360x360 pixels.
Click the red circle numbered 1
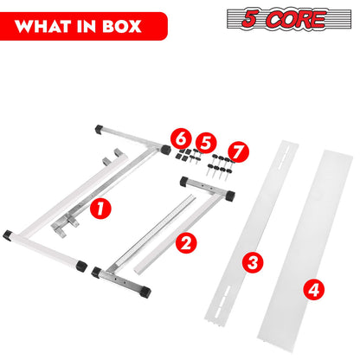pyautogui.click(x=100, y=209)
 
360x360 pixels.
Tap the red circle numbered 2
pyautogui.click(x=186, y=243)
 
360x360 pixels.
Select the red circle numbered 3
pyautogui.click(x=253, y=262)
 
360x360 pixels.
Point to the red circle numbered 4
pyautogui.click(x=314, y=289)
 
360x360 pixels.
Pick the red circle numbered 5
pyautogui.click(x=206, y=143)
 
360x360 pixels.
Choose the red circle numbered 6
pyautogui.click(x=181, y=138)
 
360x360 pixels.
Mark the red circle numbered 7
pyautogui.click(x=238, y=151)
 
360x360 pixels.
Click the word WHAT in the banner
pyautogui.click(x=43, y=27)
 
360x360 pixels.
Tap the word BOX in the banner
pyautogui.click(x=122, y=27)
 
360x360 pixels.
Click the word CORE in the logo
pyautogui.click(x=296, y=19)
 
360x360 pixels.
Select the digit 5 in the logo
pyautogui.click(x=249, y=18)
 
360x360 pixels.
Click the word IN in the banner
pyautogui.click(x=87, y=27)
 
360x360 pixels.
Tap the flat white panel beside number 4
pyautogui.click(x=305, y=246)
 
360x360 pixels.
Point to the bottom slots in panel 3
pyautogui.click(x=222, y=299)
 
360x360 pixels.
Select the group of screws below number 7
pyautogui.click(x=220, y=166)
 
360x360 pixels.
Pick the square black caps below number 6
pyautogui.click(x=183, y=155)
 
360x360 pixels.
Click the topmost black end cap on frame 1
pyautogui.click(x=100, y=129)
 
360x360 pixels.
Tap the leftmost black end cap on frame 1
pyautogui.click(x=8, y=235)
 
